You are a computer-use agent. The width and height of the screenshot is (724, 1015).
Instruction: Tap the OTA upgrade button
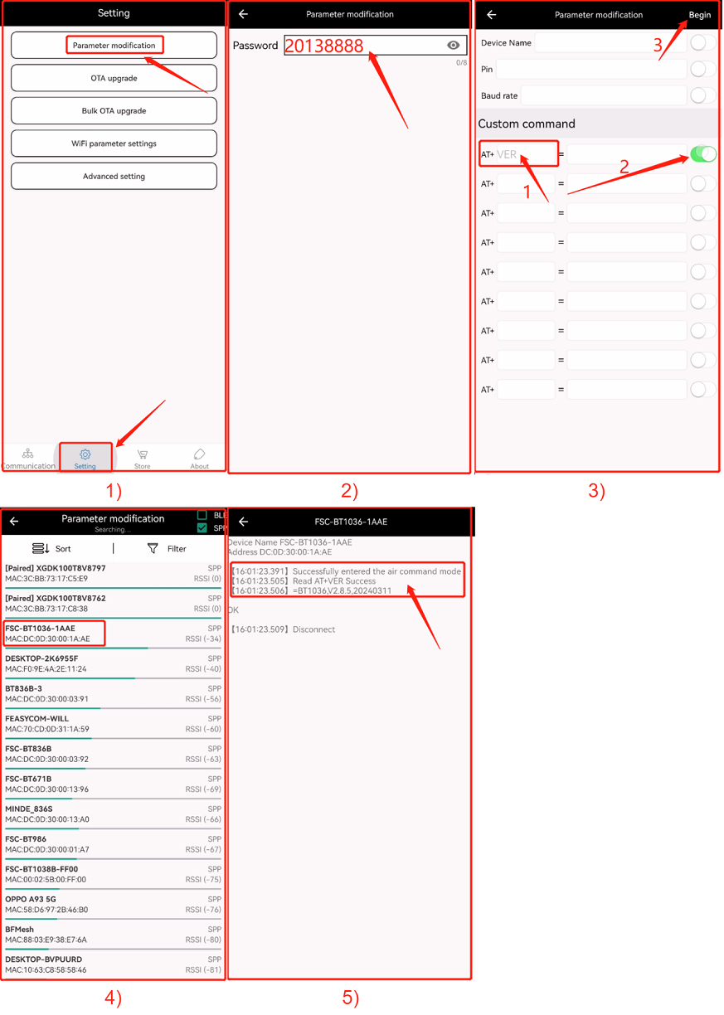click(x=114, y=78)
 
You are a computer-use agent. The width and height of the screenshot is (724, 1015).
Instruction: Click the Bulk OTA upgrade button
click(x=114, y=110)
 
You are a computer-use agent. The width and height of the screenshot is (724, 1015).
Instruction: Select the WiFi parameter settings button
click(x=114, y=143)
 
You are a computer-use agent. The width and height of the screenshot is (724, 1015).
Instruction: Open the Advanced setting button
click(x=114, y=176)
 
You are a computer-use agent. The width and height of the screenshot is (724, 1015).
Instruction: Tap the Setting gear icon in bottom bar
click(x=85, y=454)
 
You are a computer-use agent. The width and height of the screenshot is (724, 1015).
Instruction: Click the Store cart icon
click(x=143, y=454)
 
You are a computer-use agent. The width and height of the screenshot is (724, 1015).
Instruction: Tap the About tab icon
click(x=199, y=454)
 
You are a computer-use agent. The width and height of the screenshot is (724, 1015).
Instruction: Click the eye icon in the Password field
click(x=453, y=45)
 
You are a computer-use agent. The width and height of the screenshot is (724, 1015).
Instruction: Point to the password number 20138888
click(x=324, y=46)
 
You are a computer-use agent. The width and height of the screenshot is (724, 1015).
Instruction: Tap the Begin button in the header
click(x=699, y=15)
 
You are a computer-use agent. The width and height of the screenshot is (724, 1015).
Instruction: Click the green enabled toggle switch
click(x=703, y=154)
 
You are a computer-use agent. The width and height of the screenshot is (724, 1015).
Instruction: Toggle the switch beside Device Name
click(x=703, y=42)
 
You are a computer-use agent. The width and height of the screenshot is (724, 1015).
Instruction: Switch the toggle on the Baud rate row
click(x=703, y=95)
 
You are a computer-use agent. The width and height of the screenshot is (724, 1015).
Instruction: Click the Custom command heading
click(x=527, y=124)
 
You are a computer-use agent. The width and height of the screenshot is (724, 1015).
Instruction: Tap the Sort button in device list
click(x=51, y=549)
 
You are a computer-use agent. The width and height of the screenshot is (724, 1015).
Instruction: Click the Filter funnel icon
click(x=153, y=549)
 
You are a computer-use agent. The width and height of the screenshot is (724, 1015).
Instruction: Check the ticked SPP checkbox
click(x=202, y=528)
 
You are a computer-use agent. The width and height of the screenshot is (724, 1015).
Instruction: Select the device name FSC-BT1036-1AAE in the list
click(x=41, y=629)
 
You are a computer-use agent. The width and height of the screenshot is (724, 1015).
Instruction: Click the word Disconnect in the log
click(x=313, y=629)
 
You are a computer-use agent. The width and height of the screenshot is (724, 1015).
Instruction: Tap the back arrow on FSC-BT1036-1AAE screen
click(x=243, y=522)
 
